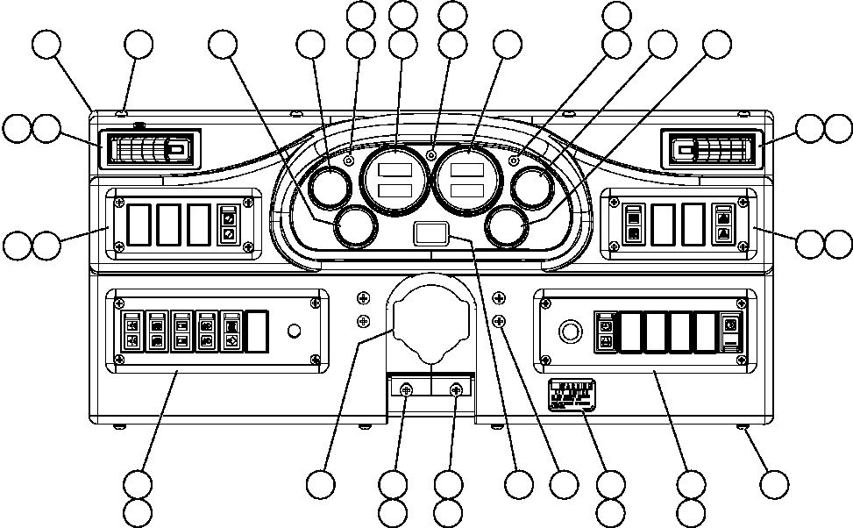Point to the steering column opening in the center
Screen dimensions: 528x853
(429, 321)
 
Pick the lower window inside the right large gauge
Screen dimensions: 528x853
(468, 189)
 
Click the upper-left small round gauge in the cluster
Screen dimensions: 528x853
(331, 187)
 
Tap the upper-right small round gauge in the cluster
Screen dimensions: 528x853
(532, 187)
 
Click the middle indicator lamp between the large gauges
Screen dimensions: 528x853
(431, 156)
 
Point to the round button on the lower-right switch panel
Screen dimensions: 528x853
(570, 332)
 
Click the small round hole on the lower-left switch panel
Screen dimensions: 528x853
(295, 332)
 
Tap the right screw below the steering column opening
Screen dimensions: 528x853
(456, 390)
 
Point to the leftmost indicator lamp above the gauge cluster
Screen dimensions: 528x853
(349, 161)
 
